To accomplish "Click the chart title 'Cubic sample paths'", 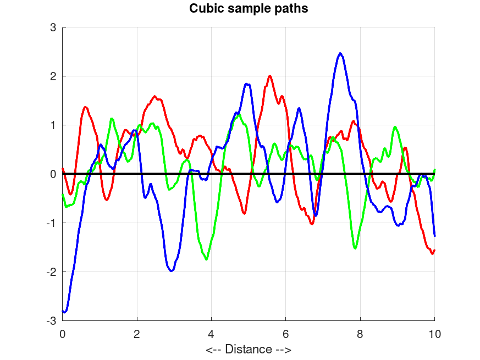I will [x=248, y=9].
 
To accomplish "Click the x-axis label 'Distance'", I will [x=248, y=349].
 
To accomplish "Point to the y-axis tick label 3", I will [x=53, y=27].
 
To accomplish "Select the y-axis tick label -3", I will [x=52, y=320].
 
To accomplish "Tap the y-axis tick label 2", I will [x=53, y=76].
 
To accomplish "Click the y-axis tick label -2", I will [x=52, y=272].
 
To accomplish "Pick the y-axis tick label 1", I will [x=53, y=125].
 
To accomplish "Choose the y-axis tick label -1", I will [x=52, y=223].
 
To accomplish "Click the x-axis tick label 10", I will [x=434, y=333].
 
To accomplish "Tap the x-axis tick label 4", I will [x=211, y=333].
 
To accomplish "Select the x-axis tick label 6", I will [x=286, y=333].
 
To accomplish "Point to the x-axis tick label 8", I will [x=360, y=333].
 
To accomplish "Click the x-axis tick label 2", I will [x=137, y=333].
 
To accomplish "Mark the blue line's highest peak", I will [x=341, y=53].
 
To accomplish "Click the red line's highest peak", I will [x=270, y=76].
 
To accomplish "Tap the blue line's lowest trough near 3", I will [x=172, y=271].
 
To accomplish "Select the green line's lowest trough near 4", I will [x=207, y=259].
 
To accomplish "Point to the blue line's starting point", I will [x=63, y=311].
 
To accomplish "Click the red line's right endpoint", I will [x=434, y=250].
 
